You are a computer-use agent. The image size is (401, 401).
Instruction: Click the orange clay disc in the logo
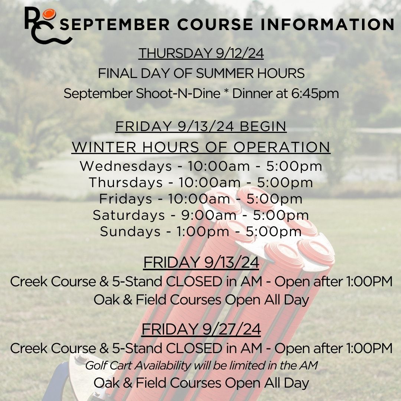tap(49, 14)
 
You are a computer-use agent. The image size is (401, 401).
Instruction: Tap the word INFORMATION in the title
tap(327, 25)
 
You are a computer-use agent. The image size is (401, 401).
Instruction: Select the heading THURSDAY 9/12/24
tap(201, 53)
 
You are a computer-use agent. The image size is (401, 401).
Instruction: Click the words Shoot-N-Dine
tap(178, 93)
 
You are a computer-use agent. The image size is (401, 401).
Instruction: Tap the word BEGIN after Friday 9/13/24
tap(263, 126)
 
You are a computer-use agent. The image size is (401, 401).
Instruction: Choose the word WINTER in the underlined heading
tap(104, 147)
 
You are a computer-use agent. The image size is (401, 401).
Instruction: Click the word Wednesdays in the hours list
tap(126, 166)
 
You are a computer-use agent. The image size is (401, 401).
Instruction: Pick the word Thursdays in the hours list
tap(126, 183)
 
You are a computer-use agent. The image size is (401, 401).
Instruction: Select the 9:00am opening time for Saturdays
tap(209, 215)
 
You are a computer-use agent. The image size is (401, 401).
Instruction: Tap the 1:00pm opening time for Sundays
tap(203, 232)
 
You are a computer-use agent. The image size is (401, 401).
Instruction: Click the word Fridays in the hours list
tap(125, 199)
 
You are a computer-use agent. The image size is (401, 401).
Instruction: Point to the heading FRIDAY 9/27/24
tap(201, 329)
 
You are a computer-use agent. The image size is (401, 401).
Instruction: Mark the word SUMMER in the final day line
tap(225, 74)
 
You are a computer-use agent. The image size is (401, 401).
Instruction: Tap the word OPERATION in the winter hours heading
tap(282, 147)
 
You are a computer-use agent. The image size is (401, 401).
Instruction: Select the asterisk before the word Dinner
tap(226, 92)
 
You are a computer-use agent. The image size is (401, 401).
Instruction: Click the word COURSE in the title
tap(215, 25)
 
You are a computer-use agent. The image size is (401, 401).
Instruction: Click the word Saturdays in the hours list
tap(128, 215)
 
